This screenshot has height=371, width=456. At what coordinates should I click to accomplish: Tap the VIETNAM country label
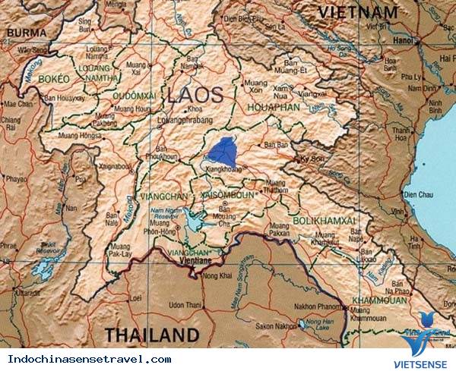(358, 12)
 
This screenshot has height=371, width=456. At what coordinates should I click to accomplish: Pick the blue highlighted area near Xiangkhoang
(223, 149)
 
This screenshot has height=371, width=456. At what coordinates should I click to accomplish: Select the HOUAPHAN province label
(274, 108)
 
